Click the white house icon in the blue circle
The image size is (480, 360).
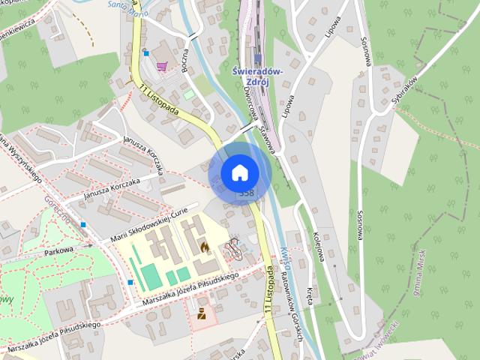239,173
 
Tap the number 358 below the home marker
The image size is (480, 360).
245,193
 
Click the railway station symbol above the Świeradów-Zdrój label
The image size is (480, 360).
257,58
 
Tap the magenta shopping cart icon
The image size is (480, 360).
161,66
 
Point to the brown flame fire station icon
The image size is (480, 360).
204,247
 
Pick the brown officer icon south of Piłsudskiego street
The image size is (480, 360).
201,314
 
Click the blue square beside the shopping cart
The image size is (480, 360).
146,53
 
